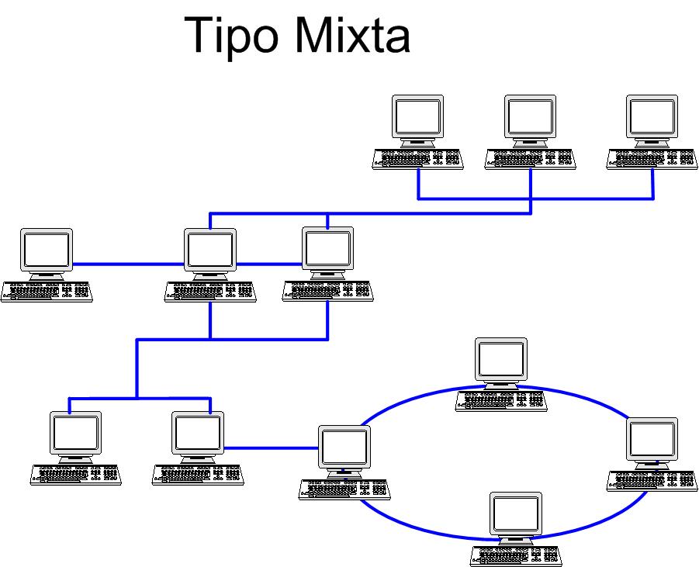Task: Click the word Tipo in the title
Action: pos(236,35)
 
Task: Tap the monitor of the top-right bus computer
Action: pos(652,117)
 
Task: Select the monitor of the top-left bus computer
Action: pos(417,117)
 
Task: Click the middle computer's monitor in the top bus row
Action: pos(530,117)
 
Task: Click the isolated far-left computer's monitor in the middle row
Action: pos(47,250)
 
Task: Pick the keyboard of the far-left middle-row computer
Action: pos(47,292)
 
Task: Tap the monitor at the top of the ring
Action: pos(501,359)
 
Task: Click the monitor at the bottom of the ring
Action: pos(515,514)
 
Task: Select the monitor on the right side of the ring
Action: pos(652,439)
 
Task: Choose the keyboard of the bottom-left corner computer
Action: pos(76,475)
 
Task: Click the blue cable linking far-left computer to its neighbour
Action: pos(128,264)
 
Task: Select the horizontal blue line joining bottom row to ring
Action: pos(272,448)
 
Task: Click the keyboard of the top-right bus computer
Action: pos(652,159)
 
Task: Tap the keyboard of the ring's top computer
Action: pos(501,400)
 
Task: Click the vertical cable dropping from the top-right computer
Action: pos(652,185)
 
